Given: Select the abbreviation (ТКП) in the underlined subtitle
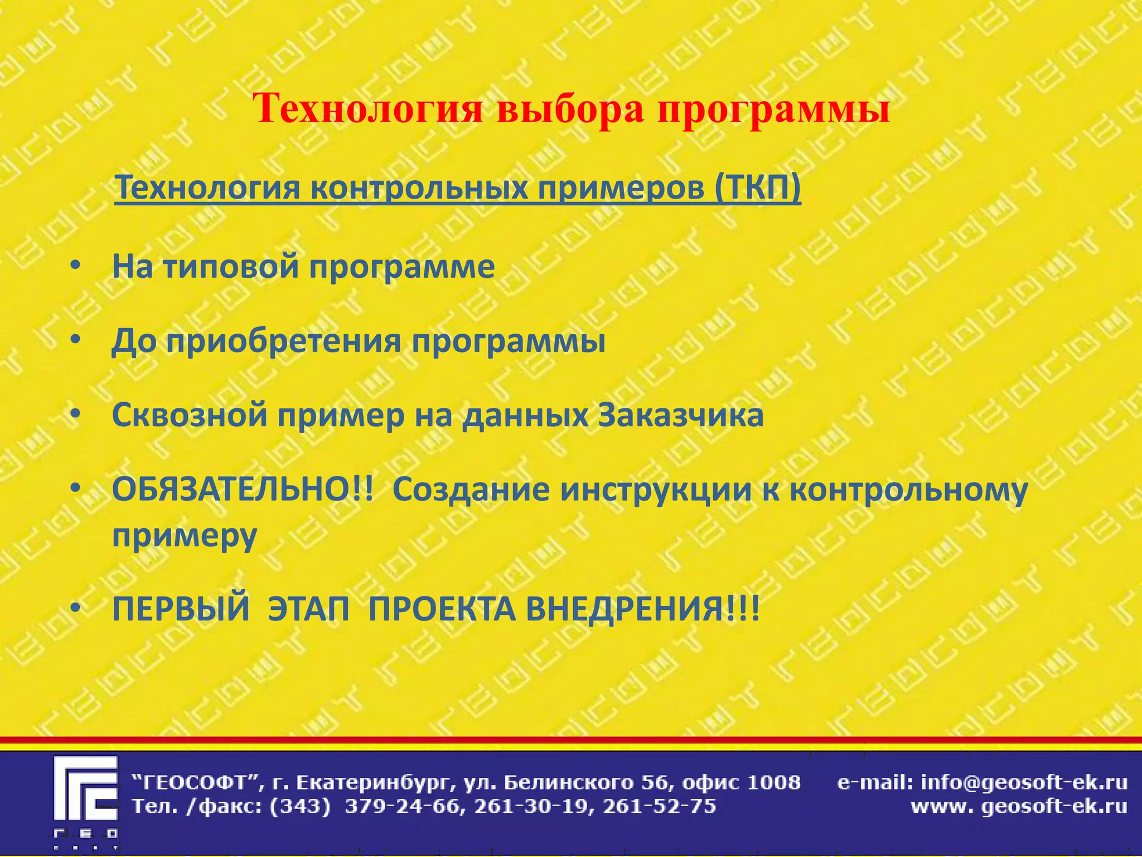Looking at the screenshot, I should [x=757, y=187].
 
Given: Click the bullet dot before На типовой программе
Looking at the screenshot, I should [x=76, y=266].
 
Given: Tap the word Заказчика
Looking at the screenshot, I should [x=681, y=416].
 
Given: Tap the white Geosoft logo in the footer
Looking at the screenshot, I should [x=86, y=798].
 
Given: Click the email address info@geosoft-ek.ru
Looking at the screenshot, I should [x=1024, y=783].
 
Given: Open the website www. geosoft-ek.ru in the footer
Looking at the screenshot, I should [x=1019, y=807].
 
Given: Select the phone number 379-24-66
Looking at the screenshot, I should [x=404, y=807].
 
